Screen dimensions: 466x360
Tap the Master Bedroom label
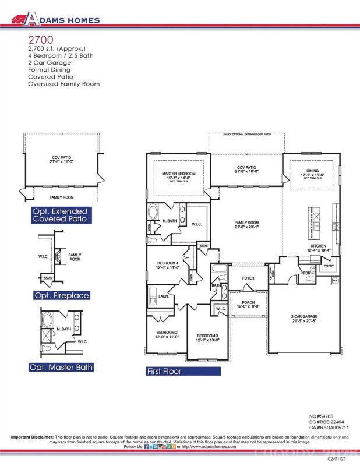178,174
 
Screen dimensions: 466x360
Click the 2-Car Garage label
304,316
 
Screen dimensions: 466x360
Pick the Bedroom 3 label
207,336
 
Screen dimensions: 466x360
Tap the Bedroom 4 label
167,263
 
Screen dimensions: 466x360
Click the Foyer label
248,278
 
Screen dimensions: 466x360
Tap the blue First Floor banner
183,370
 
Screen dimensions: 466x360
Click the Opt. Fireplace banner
61,295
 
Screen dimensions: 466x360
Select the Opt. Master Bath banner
61,367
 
